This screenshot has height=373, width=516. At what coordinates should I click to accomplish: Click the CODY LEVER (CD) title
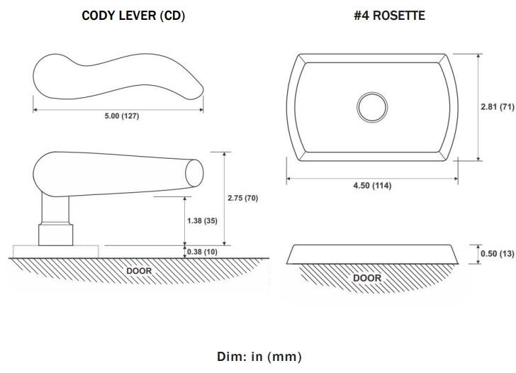tap(133, 15)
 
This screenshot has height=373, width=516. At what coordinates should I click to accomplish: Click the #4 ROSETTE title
tap(389, 15)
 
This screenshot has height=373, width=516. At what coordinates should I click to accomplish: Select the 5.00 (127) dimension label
tap(118, 116)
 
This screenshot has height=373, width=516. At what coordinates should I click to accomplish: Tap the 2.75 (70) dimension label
tap(242, 198)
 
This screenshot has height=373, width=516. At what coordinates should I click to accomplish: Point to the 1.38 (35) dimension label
tap(203, 221)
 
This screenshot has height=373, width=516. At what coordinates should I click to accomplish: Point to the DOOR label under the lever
tap(139, 270)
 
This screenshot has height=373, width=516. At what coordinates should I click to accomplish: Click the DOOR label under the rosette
tap(367, 277)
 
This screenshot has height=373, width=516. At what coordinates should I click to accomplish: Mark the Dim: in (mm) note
tap(259, 357)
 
